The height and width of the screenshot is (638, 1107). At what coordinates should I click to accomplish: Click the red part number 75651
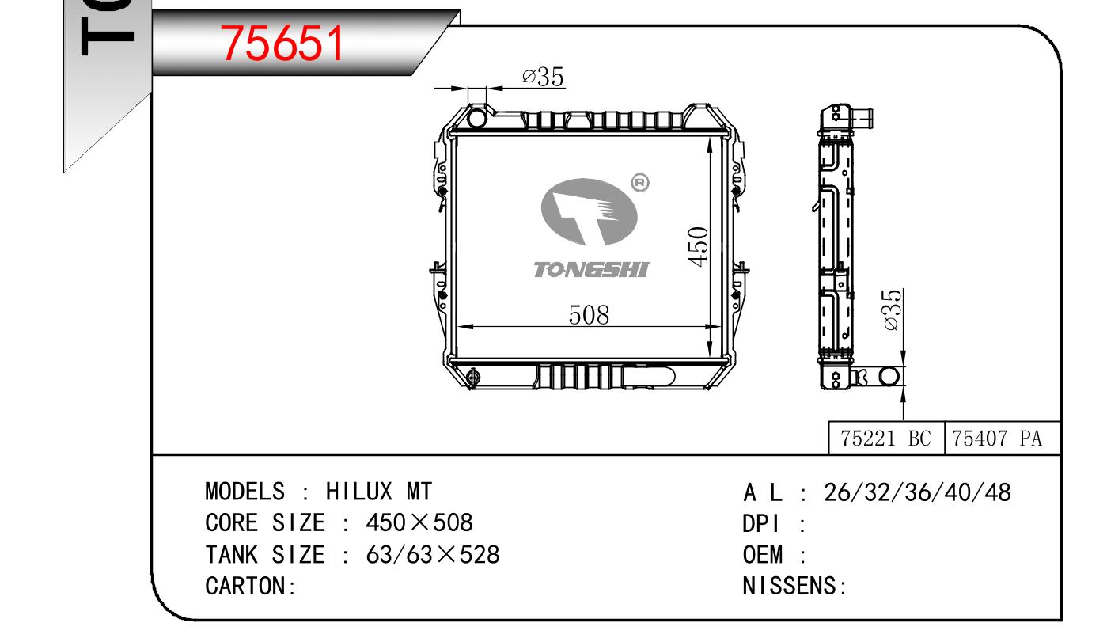[282, 44]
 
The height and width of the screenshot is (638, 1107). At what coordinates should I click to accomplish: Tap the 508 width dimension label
[589, 315]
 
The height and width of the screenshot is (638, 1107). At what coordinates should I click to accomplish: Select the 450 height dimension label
[698, 247]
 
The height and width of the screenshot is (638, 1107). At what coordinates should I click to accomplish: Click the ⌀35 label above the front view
[543, 77]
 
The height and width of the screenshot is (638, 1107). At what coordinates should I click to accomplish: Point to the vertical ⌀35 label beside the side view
[891, 310]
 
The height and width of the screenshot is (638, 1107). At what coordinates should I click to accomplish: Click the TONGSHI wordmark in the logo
[590, 270]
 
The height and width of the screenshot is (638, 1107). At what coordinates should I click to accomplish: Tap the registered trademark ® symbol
[640, 183]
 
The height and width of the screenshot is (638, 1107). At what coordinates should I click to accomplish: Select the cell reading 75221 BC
[886, 439]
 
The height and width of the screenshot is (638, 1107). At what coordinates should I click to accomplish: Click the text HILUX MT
[378, 492]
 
